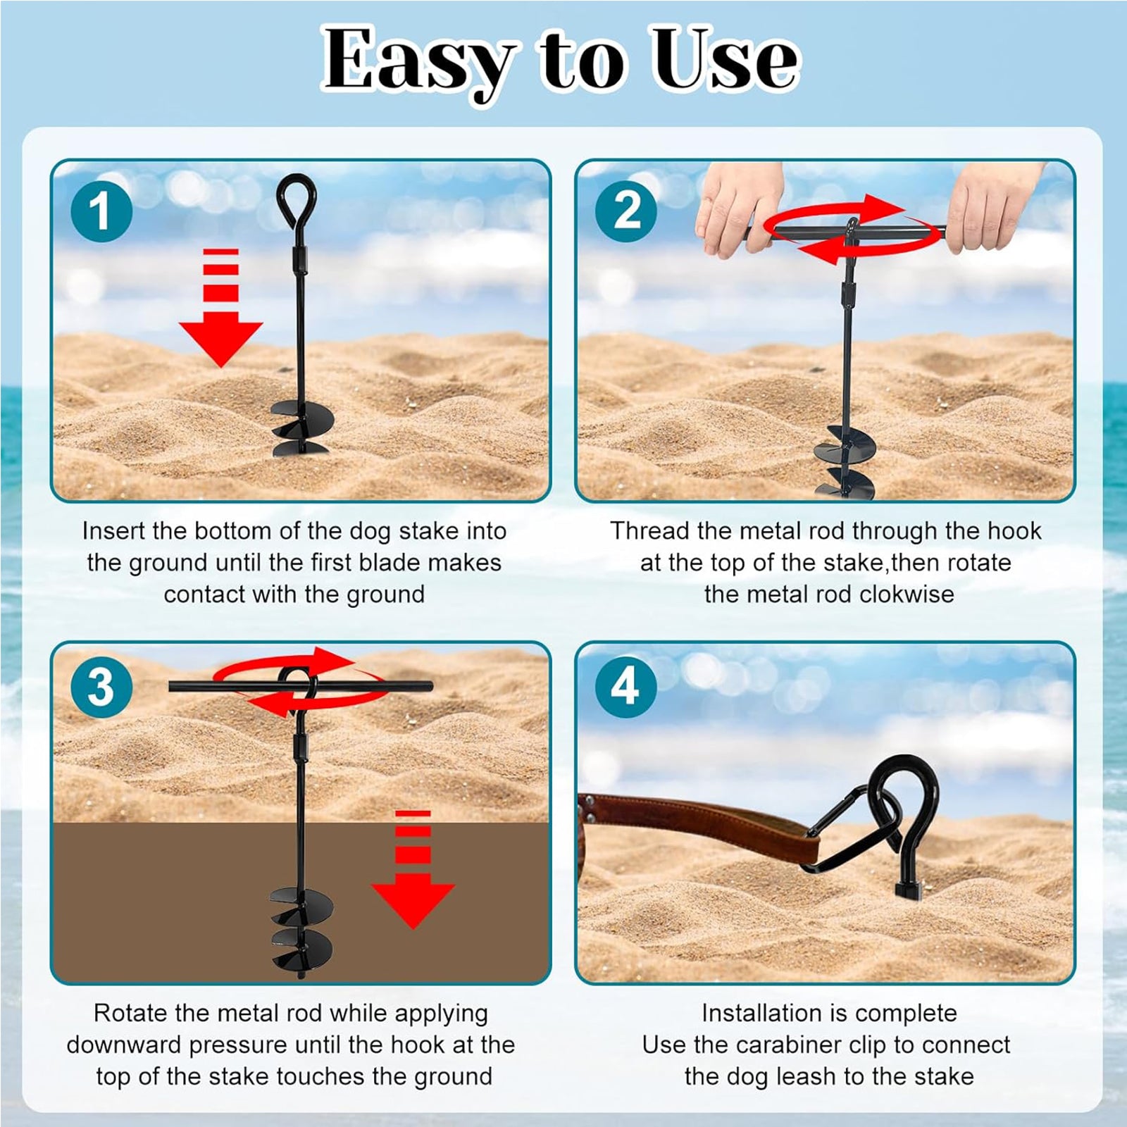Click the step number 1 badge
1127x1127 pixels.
[101, 211]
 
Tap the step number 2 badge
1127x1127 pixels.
[625, 211]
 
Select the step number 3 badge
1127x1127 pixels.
[101, 687]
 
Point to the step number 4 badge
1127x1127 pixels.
[625, 687]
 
